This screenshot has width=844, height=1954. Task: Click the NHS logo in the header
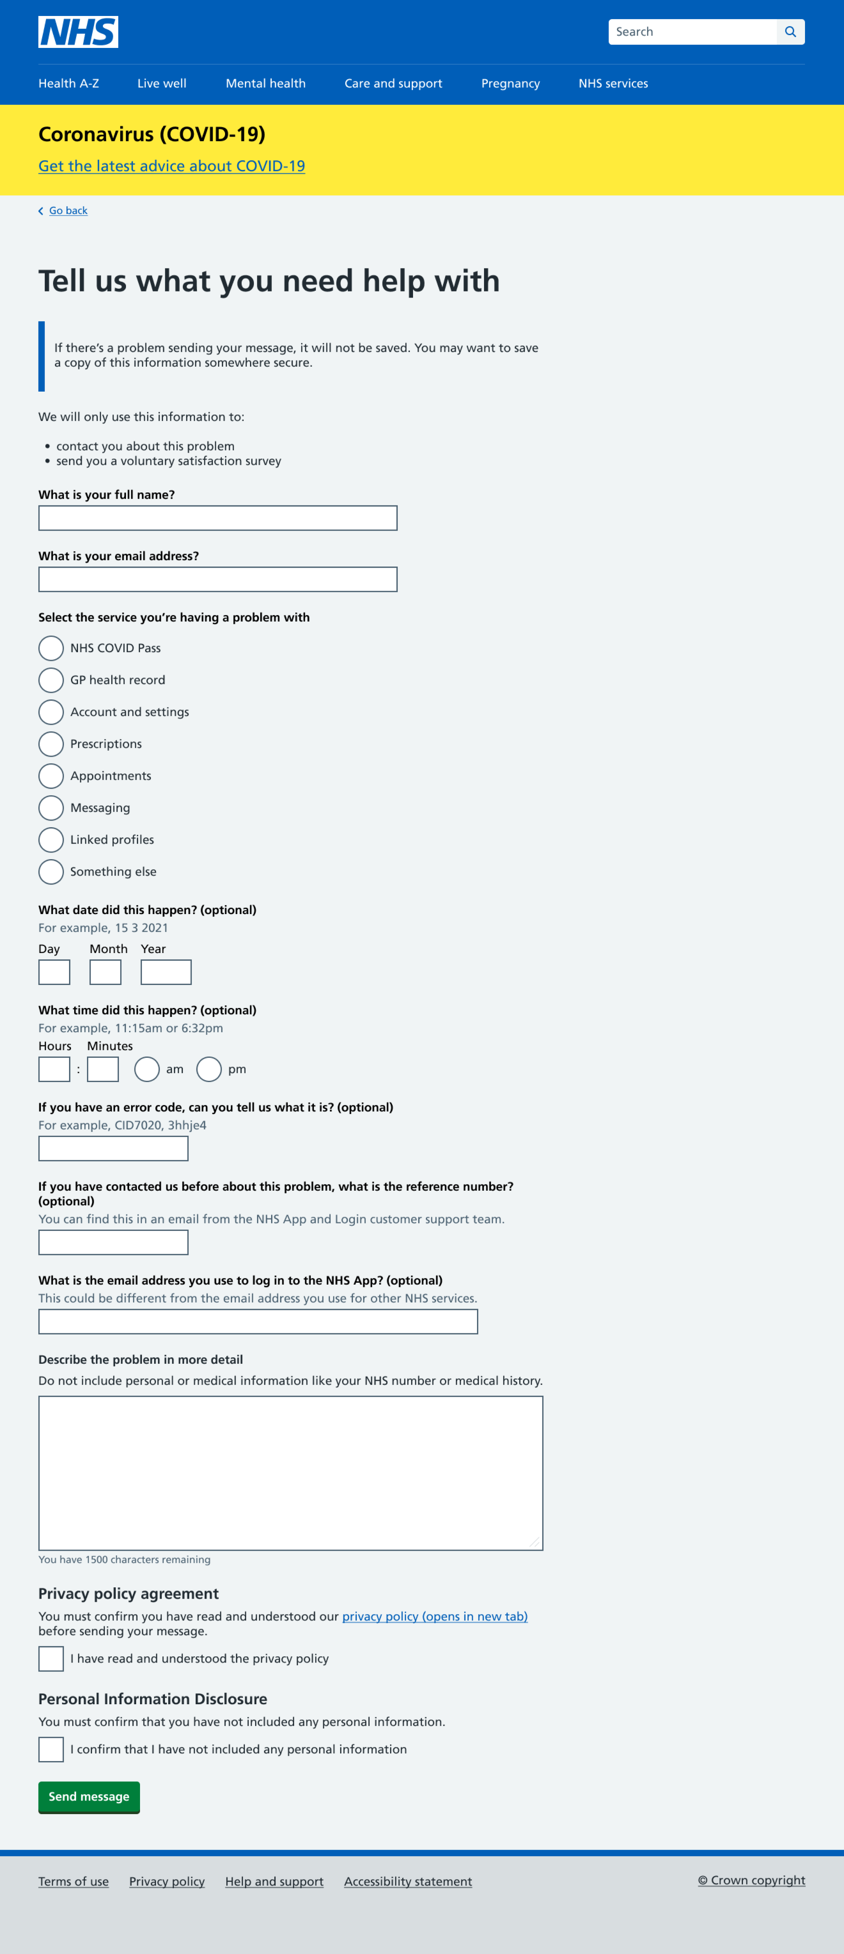(78, 32)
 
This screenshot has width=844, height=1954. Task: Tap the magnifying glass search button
(790, 32)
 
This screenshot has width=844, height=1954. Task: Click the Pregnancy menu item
(510, 83)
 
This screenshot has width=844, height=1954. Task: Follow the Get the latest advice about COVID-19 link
(172, 166)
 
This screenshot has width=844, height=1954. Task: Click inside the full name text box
(218, 518)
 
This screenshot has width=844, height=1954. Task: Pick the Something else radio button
(51, 872)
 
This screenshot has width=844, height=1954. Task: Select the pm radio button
(209, 1070)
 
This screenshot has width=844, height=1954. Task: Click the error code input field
(113, 1148)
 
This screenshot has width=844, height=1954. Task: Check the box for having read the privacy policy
(51, 1659)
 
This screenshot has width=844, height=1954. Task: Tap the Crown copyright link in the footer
(752, 1880)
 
